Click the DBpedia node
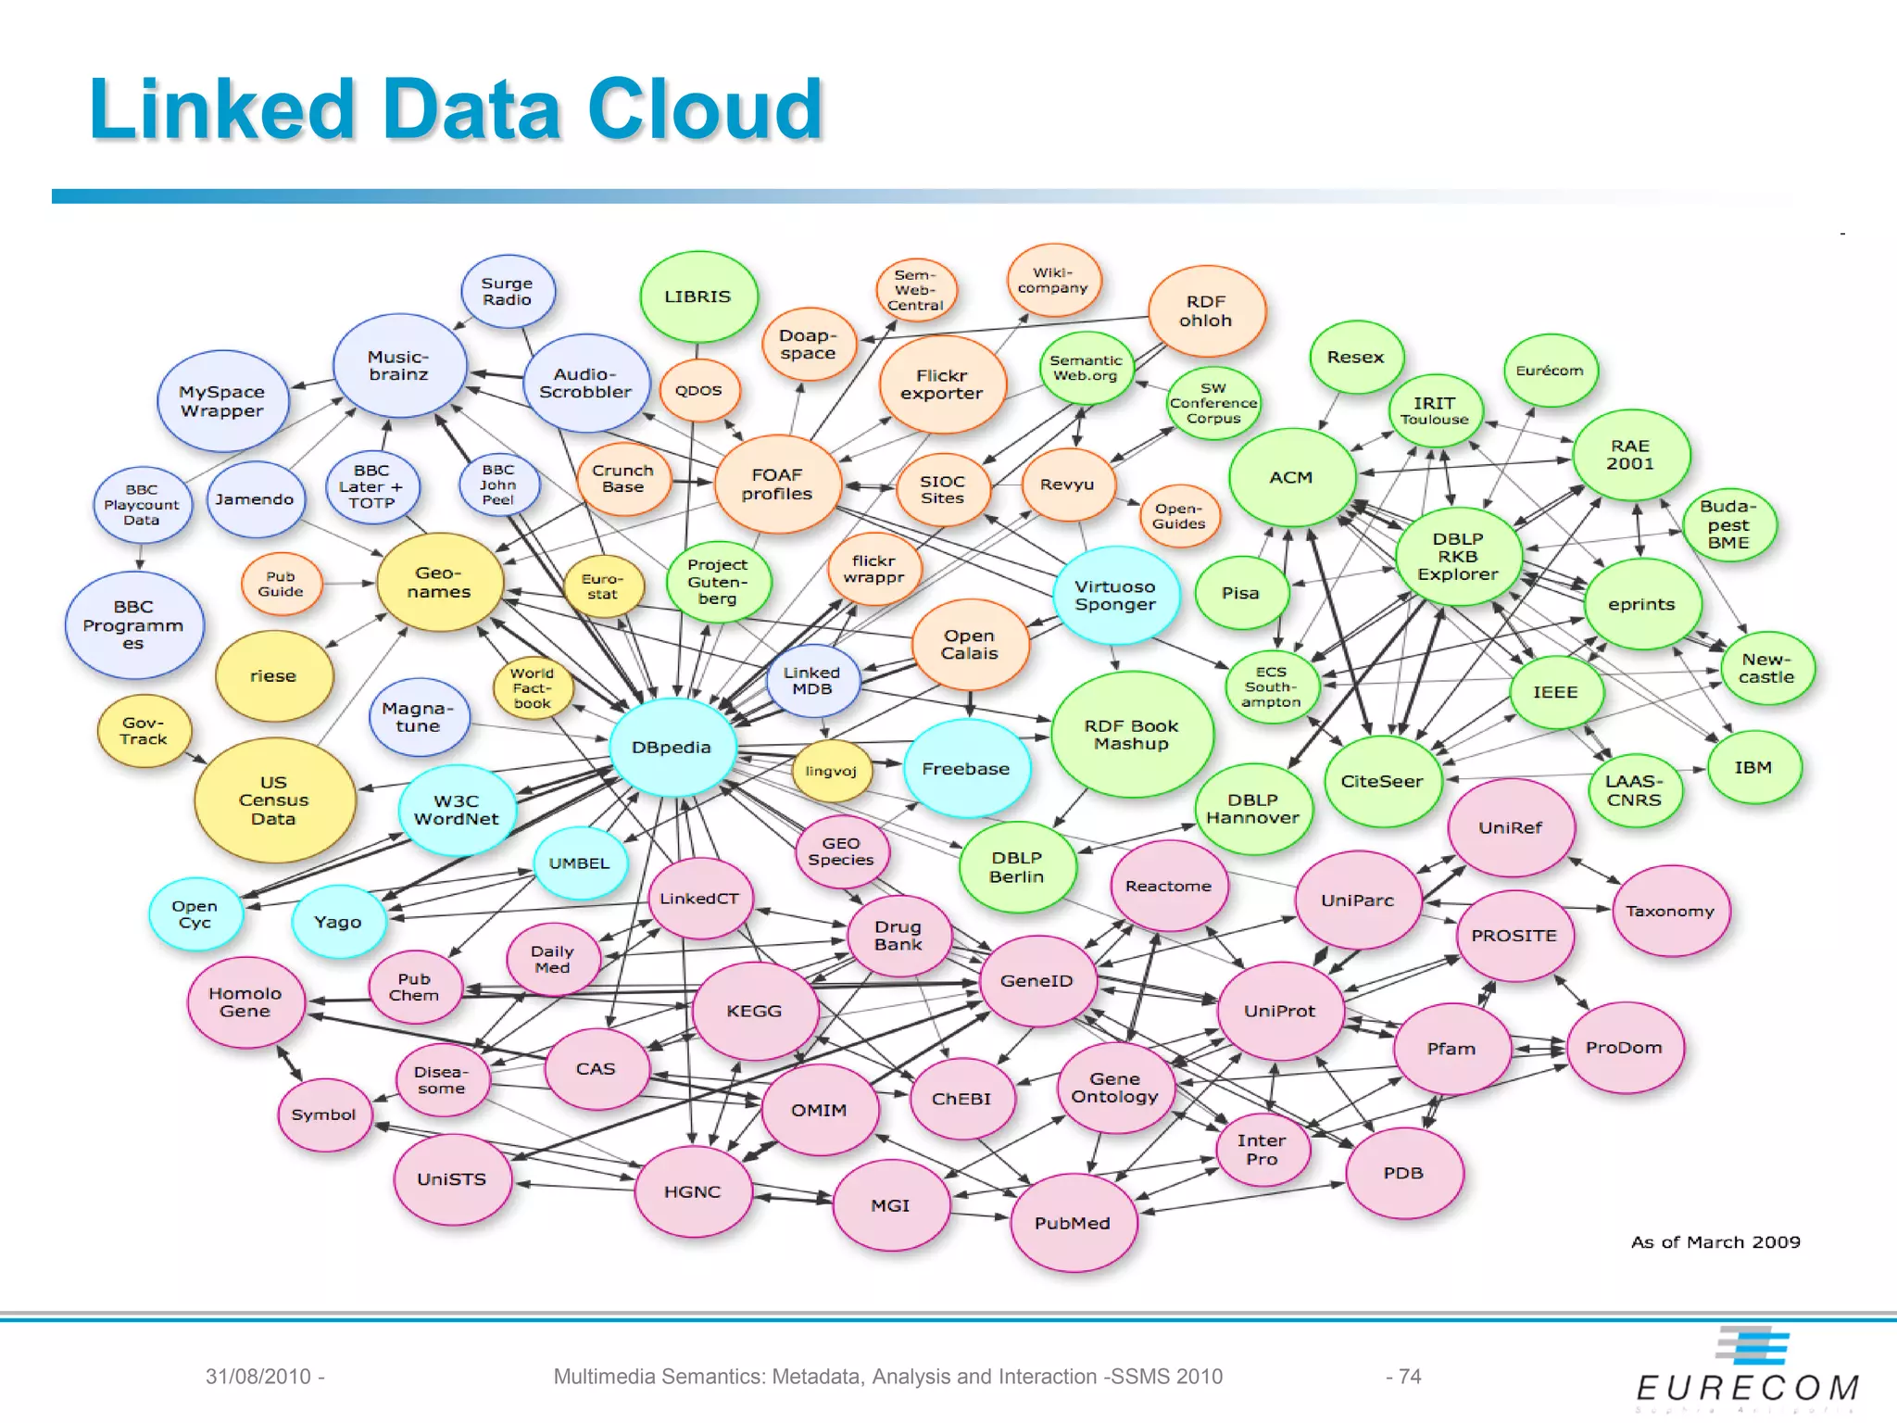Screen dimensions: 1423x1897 tap(672, 748)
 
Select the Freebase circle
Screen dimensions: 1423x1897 tap(966, 768)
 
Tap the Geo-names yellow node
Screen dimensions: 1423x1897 tap(439, 583)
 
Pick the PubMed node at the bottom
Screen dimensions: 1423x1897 tap(1073, 1223)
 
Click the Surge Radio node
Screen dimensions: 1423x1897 tap(507, 291)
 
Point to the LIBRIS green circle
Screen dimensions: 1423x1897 tap(697, 296)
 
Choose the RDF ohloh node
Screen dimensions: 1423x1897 tap(1205, 311)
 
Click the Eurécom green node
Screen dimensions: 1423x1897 tap(1550, 371)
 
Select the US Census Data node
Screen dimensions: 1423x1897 tap(273, 800)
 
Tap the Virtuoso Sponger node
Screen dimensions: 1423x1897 tap(1115, 595)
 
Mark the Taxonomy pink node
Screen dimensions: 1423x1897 tap(1670, 911)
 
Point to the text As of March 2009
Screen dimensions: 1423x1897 tap(1715, 1242)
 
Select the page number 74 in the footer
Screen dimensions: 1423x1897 tap(1409, 1377)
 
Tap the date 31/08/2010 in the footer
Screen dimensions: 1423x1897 tap(258, 1377)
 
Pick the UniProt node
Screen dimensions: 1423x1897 tap(1279, 1011)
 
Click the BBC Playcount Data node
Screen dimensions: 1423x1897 tap(141, 505)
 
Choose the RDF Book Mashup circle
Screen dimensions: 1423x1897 tap(1131, 735)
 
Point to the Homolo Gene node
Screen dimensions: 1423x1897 tap(245, 1002)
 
